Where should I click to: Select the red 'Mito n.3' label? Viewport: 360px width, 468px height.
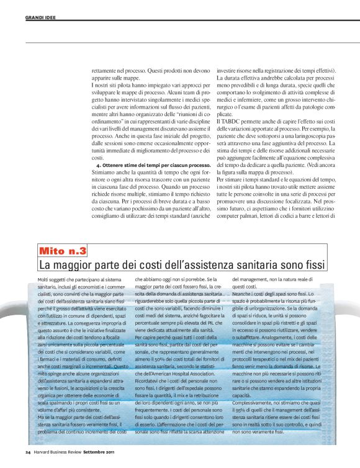click(x=63, y=251)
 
